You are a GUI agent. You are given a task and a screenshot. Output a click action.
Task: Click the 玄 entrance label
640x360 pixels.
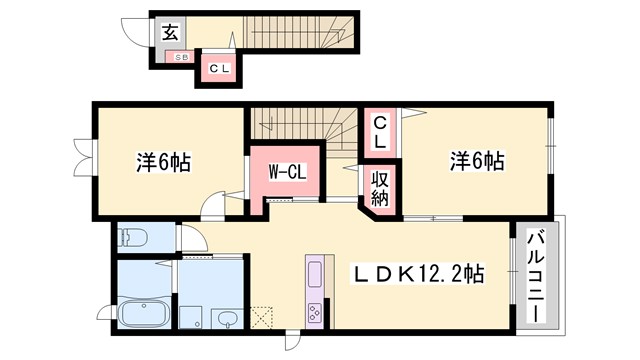[x=169, y=32]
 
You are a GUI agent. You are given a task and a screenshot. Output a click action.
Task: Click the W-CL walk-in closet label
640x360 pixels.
[x=286, y=171]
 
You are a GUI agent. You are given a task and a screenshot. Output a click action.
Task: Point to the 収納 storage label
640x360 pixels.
[x=381, y=186]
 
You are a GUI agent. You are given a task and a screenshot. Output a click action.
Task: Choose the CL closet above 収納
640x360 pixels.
[x=381, y=133]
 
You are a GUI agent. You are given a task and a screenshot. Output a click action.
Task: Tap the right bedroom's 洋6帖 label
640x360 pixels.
[x=476, y=160]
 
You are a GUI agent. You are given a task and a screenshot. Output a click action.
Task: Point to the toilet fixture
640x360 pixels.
[x=134, y=238]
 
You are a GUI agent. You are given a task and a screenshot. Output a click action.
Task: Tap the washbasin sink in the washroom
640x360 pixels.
[x=227, y=318]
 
